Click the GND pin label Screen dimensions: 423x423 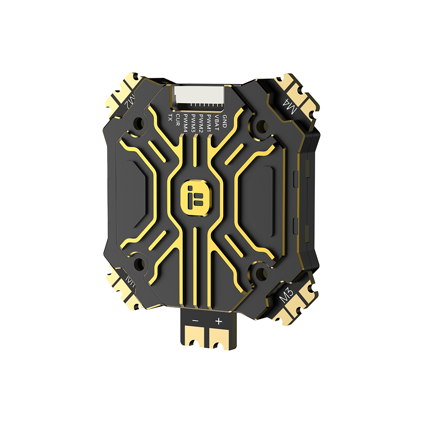[225, 121]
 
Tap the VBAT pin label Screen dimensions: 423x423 [217, 121]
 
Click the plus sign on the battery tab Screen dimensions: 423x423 [218, 321]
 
